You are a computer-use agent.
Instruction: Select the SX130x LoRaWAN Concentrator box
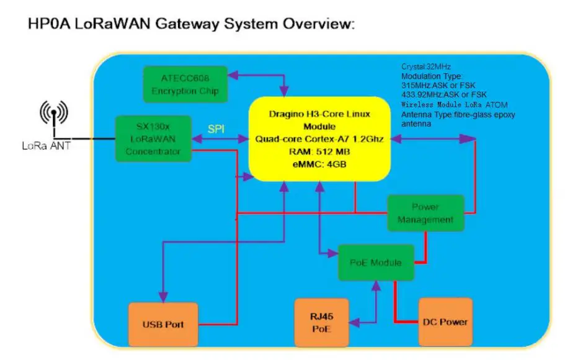tap(153, 138)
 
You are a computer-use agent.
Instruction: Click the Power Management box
tap(425, 212)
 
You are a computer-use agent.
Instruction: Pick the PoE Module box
tap(375, 263)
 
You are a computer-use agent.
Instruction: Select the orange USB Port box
tap(162, 324)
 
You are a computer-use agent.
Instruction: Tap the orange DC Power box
tap(445, 322)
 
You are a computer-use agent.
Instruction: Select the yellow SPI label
tap(216, 128)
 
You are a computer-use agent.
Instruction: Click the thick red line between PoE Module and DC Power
tap(395, 301)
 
